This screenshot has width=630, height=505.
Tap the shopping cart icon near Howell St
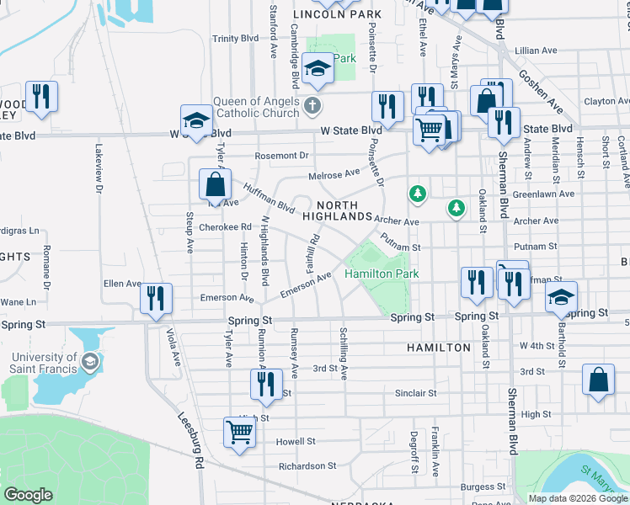click(239, 433)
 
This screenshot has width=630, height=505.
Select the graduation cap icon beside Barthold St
click(561, 296)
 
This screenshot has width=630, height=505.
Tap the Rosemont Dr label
click(282, 156)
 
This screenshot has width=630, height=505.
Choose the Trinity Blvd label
click(235, 39)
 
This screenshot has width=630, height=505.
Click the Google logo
click(29, 495)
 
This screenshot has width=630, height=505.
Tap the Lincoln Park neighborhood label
click(337, 15)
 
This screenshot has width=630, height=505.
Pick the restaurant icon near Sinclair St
click(266, 383)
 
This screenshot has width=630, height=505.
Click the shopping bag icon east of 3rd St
click(598, 379)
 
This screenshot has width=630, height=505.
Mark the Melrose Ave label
click(339, 173)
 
